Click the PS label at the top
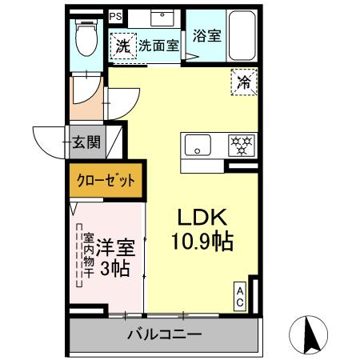pyautogui.click(x=117, y=15)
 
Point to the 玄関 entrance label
pyautogui.click(x=86, y=144)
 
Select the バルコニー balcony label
pyautogui.click(x=164, y=334)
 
